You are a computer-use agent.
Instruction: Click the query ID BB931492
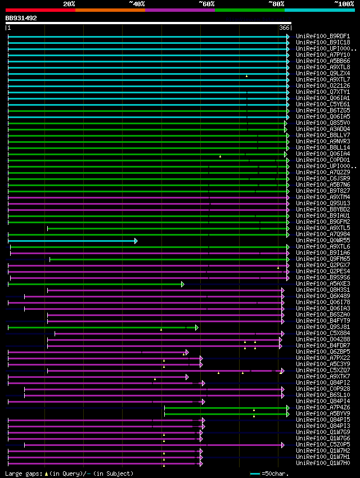coord(21,18)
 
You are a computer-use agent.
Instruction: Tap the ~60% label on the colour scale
coord(206,4)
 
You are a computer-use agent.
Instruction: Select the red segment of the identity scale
coord(40,10)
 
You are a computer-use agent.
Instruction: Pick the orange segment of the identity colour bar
coord(110,10)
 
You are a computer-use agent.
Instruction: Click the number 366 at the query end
coord(284,28)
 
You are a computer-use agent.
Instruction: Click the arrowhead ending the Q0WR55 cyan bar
coord(136,241)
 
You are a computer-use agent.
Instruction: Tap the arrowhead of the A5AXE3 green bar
coord(182,284)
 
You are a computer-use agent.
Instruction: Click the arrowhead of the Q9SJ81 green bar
coord(196,327)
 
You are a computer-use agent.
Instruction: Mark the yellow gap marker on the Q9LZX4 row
coord(246,75)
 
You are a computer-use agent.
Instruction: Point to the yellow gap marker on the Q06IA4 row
coord(220,156)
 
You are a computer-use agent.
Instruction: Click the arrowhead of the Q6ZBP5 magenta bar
coord(186,352)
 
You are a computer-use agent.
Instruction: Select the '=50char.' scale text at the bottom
coord(274,474)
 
